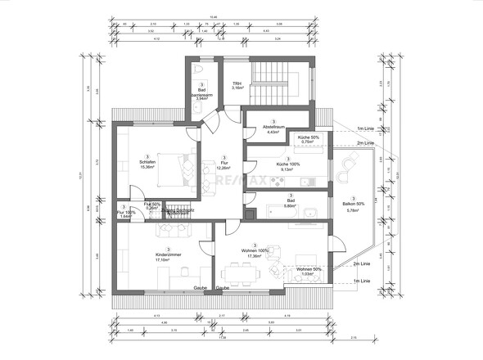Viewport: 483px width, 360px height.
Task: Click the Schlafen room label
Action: [x=147, y=161]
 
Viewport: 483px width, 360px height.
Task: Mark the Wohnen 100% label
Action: [x=255, y=250]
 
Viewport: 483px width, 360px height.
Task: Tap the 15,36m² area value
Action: [x=147, y=167]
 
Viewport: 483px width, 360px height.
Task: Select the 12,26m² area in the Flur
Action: [x=223, y=168]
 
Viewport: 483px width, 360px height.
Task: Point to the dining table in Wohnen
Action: [x=243, y=271]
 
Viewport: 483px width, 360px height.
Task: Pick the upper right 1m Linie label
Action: [x=365, y=129]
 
